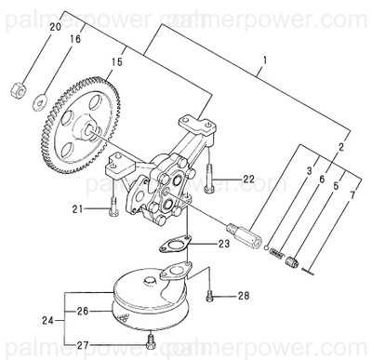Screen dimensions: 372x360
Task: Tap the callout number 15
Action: pyautogui.click(x=117, y=62)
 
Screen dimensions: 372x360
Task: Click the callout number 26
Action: pyautogui.click(x=82, y=310)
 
